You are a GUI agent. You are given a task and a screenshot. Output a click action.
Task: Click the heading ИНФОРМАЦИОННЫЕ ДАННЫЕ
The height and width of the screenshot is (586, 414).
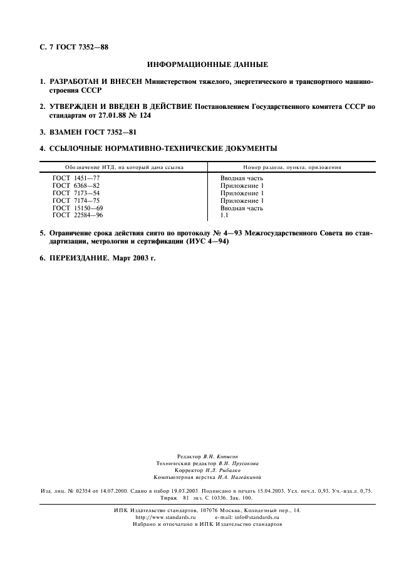[x=207, y=64]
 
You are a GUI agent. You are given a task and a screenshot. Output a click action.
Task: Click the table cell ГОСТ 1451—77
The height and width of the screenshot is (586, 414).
[x=76, y=178]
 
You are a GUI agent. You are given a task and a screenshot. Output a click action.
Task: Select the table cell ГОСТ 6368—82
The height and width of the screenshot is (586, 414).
[x=76, y=186]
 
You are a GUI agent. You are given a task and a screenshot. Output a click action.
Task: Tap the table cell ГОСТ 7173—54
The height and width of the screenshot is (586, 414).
[x=76, y=193]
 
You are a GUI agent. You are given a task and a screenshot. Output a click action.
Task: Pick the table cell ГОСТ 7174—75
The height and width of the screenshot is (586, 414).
[x=76, y=200]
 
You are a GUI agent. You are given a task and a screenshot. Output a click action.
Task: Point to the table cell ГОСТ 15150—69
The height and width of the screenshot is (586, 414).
[x=78, y=208]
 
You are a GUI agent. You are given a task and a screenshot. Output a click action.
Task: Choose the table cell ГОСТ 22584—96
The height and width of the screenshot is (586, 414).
[x=78, y=215]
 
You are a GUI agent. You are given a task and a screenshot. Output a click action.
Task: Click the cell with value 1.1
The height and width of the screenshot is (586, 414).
[x=224, y=215]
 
